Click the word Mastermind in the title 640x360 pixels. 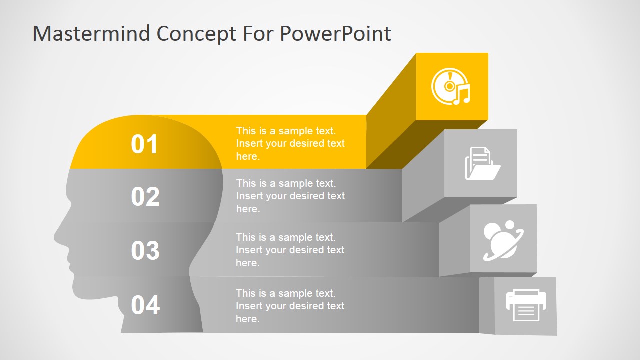tap(91, 33)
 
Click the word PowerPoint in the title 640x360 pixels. tap(335, 34)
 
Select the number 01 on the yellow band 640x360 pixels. tap(144, 144)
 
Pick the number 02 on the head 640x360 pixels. tap(145, 196)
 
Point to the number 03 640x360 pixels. tap(145, 250)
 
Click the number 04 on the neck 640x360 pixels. tap(145, 305)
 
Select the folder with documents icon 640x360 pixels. tap(483, 163)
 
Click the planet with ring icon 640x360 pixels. tap(503, 240)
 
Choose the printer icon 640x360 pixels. tap(526, 305)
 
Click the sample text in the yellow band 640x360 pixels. tap(290, 143)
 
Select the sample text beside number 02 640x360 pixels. tap(290, 196)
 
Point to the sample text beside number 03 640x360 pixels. tap(290, 250)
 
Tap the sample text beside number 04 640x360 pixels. tap(290, 306)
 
